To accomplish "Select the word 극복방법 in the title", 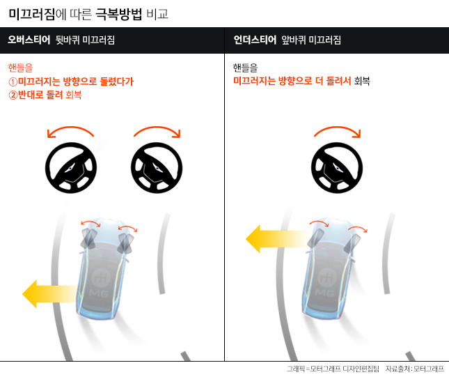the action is point(118,14).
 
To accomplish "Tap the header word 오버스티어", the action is point(29,40).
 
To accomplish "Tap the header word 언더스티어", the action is point(255,40).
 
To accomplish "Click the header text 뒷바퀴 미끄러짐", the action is point(85,40).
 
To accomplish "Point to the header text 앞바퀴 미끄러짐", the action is point(311,40).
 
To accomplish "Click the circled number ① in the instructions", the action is point(13,82).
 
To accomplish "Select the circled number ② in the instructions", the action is point(13,95).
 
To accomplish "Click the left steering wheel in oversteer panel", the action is point(71,168).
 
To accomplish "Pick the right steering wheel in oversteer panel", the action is point(157,168).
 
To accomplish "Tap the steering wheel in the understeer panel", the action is point(337,168).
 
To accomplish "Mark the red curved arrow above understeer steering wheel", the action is point(338,128).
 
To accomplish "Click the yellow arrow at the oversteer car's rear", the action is point(49,294).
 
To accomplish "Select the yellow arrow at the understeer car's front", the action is point(276,239).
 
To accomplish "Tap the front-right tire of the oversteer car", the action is point(126,243).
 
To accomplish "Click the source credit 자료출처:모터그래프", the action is point(414,369).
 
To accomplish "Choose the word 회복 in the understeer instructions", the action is point(362,81).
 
